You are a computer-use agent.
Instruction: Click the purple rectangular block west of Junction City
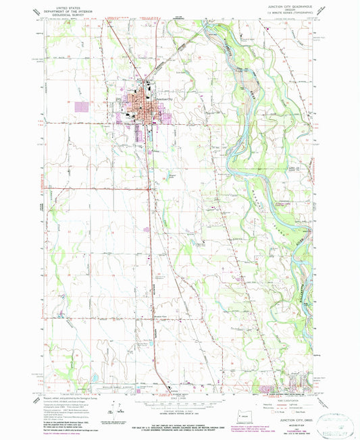[x=82, y=107]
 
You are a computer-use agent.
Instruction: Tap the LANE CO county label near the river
[x=275, y=166]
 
